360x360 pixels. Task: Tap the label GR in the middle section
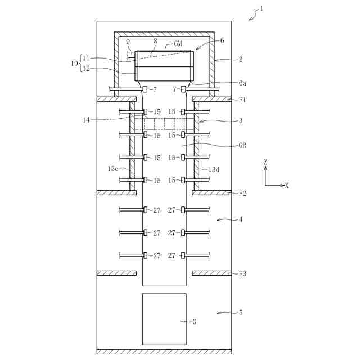tap(242, 145)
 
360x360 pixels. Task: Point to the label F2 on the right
tap(242, 193)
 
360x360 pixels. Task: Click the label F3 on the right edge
tap(242, 274)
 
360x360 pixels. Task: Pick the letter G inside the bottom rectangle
tap(195, 322)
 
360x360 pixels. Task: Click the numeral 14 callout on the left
tap(86, 119)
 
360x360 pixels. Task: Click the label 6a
tap(242, 83)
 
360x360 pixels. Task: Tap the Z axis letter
tap(265, 162)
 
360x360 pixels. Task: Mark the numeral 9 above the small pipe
tap(128, 42)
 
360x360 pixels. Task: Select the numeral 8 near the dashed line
tap(156, 40)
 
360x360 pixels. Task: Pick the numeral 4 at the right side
tap(241, 219)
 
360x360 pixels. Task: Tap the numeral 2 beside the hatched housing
tap(240, 58)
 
